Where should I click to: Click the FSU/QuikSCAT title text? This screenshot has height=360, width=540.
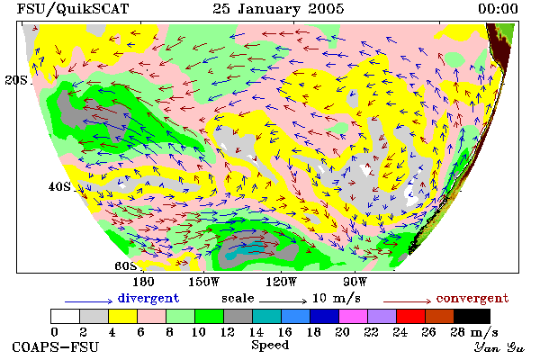click(x=73, y=9)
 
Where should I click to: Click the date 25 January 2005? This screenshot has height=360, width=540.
click(x=278, y=9)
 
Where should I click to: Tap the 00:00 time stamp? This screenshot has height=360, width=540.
click(x=498, y=9)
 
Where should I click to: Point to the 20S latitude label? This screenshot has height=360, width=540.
click(x=16, y=80)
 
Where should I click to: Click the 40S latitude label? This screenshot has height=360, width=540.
click(x=60, y=186)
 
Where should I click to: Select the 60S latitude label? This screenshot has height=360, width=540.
click(x=126, y=265)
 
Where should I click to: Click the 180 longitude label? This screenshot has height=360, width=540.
click(x=143, y=282)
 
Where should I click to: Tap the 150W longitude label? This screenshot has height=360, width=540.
click(x=204, y=282)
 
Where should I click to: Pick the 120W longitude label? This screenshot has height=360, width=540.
click(x=281, y=282)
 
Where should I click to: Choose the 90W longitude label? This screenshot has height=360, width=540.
click(x=355, y=282)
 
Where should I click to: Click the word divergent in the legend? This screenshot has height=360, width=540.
click(x=148, y=298)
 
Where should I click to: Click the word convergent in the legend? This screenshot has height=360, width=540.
click(x=472, y=298)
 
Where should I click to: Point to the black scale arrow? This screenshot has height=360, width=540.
click(x=283, y=301)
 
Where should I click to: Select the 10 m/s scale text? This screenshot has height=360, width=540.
click(x=336, y=298)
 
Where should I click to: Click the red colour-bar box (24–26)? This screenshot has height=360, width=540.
click(x=410, y=316)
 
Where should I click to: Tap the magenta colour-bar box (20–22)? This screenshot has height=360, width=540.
click(x=353, y=316)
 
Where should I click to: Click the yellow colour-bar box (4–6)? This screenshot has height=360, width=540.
click(x=122, y=316)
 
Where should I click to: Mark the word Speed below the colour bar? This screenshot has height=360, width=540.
click(x=270, y=346)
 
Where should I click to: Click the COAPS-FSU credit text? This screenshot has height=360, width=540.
click(x=56, y=346)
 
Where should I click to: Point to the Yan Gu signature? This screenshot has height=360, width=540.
click(x=499, y=347)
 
